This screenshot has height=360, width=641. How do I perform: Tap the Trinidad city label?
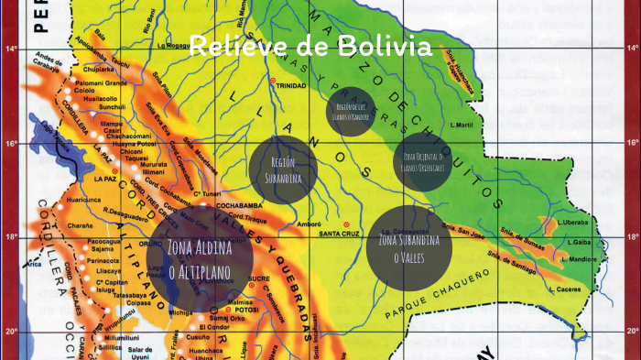pos(291,85)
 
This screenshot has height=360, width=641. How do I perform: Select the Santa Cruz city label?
pos(338,234)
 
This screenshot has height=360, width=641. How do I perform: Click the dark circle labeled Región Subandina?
pos(283,169)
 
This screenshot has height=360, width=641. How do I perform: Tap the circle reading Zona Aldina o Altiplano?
pos(199,255)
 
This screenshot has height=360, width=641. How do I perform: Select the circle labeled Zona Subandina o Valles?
pos(409,247)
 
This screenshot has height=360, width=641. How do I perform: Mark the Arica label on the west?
pos(34,264)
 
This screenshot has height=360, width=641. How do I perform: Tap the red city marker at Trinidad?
pos(271,82)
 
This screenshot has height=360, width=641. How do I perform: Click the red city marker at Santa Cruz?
pos(346,224)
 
